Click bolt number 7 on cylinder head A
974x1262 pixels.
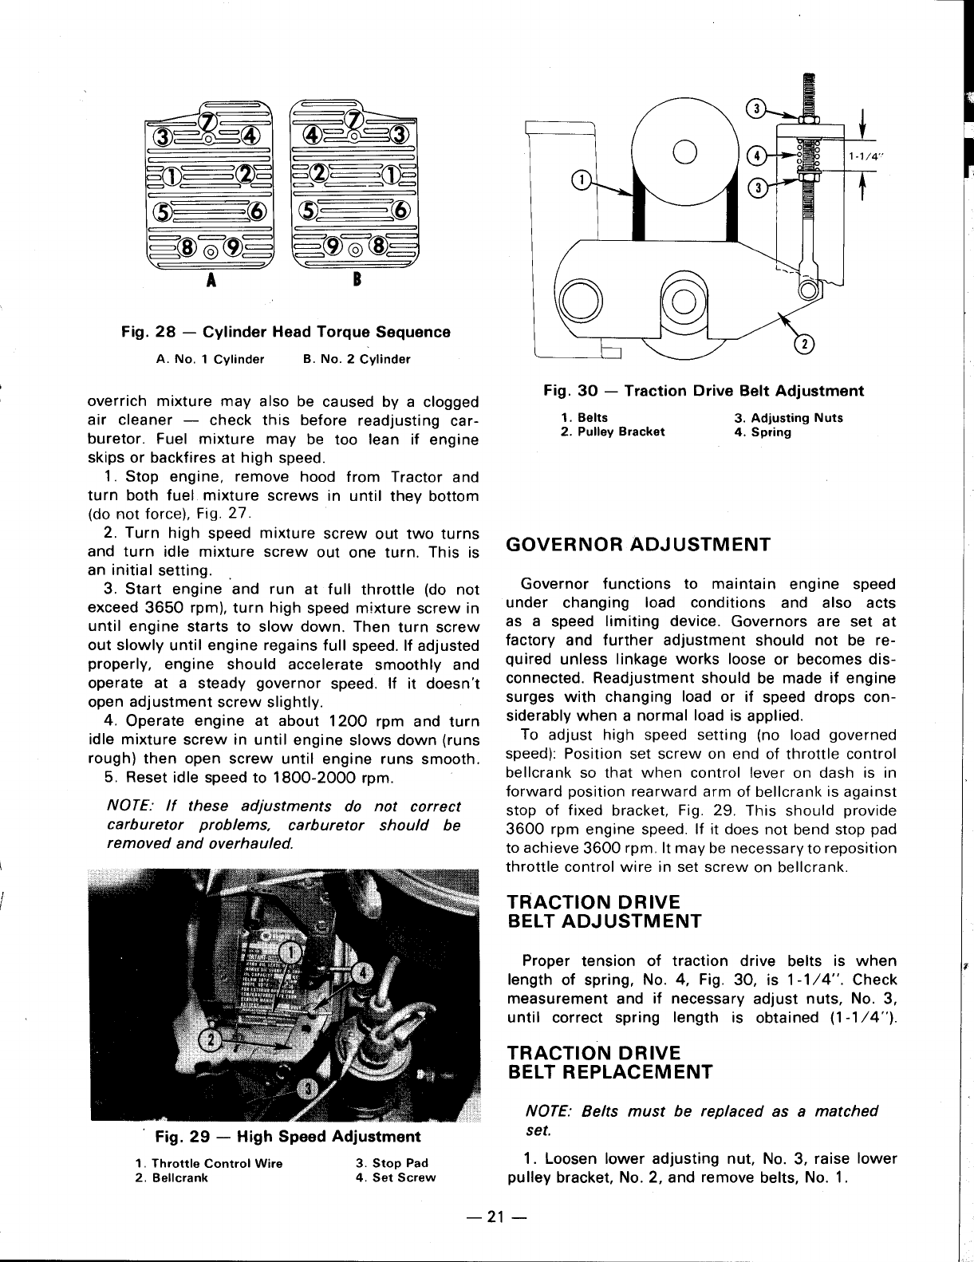pyautogui.click(x=208, y=121)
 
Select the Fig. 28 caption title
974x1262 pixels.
pyautogui.click(x=286, y=332)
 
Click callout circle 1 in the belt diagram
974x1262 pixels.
pyautogui.click(x=582, y=180)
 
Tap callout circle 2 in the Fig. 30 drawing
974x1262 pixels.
pyautogui.click(x=806, y=345)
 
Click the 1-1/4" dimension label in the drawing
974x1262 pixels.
pyautogui.click(x=862, y=156)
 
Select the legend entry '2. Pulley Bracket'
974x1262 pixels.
pyautogui.click(x=613, y=432)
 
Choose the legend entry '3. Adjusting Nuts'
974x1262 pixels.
pyautogui.click(x=787, y=418)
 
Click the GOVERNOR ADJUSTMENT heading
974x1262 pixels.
pyautogui.click(x=638, y=545)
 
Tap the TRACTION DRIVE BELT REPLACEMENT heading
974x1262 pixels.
pyautogui.click(x=610, y=1061)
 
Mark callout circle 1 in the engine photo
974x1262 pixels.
pyautogui.click(x=293, y=952)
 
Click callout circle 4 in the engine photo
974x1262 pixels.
pyautogui.click(x=362, y=973)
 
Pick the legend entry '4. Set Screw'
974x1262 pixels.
pyautogui.click(x=396, y=1177)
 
